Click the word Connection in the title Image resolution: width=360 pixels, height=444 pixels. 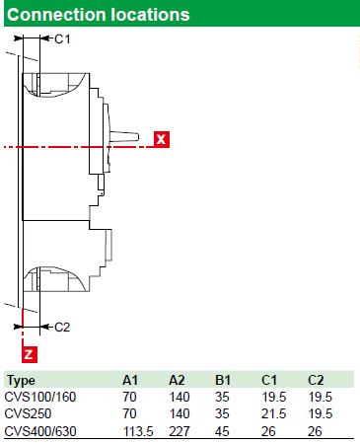pos(56,15)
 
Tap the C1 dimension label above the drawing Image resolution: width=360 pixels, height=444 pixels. pos(62,39)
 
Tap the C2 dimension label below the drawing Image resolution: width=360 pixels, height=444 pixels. pos(62,328)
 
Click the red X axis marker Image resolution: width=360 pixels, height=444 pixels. pos(162,139)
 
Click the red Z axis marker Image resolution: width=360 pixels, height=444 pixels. pos(30,354)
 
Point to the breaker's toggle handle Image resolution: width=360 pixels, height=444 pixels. pos(124,137)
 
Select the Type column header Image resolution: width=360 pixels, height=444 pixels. pos(21,381)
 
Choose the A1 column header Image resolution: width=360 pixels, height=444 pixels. pos(130,380)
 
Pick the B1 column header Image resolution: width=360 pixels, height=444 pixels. pos(223,380)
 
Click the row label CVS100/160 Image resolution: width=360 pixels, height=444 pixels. pos(40,397)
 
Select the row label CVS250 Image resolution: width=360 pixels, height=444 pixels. pos(29,413)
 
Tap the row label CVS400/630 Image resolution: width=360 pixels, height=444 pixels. pos(40,431)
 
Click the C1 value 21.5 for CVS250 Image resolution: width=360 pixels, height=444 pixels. pos(273,413)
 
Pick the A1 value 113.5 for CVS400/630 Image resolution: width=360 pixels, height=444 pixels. pos(138,431)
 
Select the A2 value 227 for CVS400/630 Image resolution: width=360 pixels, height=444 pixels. pos(180,431)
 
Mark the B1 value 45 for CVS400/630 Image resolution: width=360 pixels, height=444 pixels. pos(222,431)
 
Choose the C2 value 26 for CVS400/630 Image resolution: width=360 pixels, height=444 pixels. pos(315,431)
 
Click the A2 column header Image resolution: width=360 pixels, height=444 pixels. pos(177,380)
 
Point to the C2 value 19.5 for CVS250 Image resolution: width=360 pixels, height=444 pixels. pos(321,413)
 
